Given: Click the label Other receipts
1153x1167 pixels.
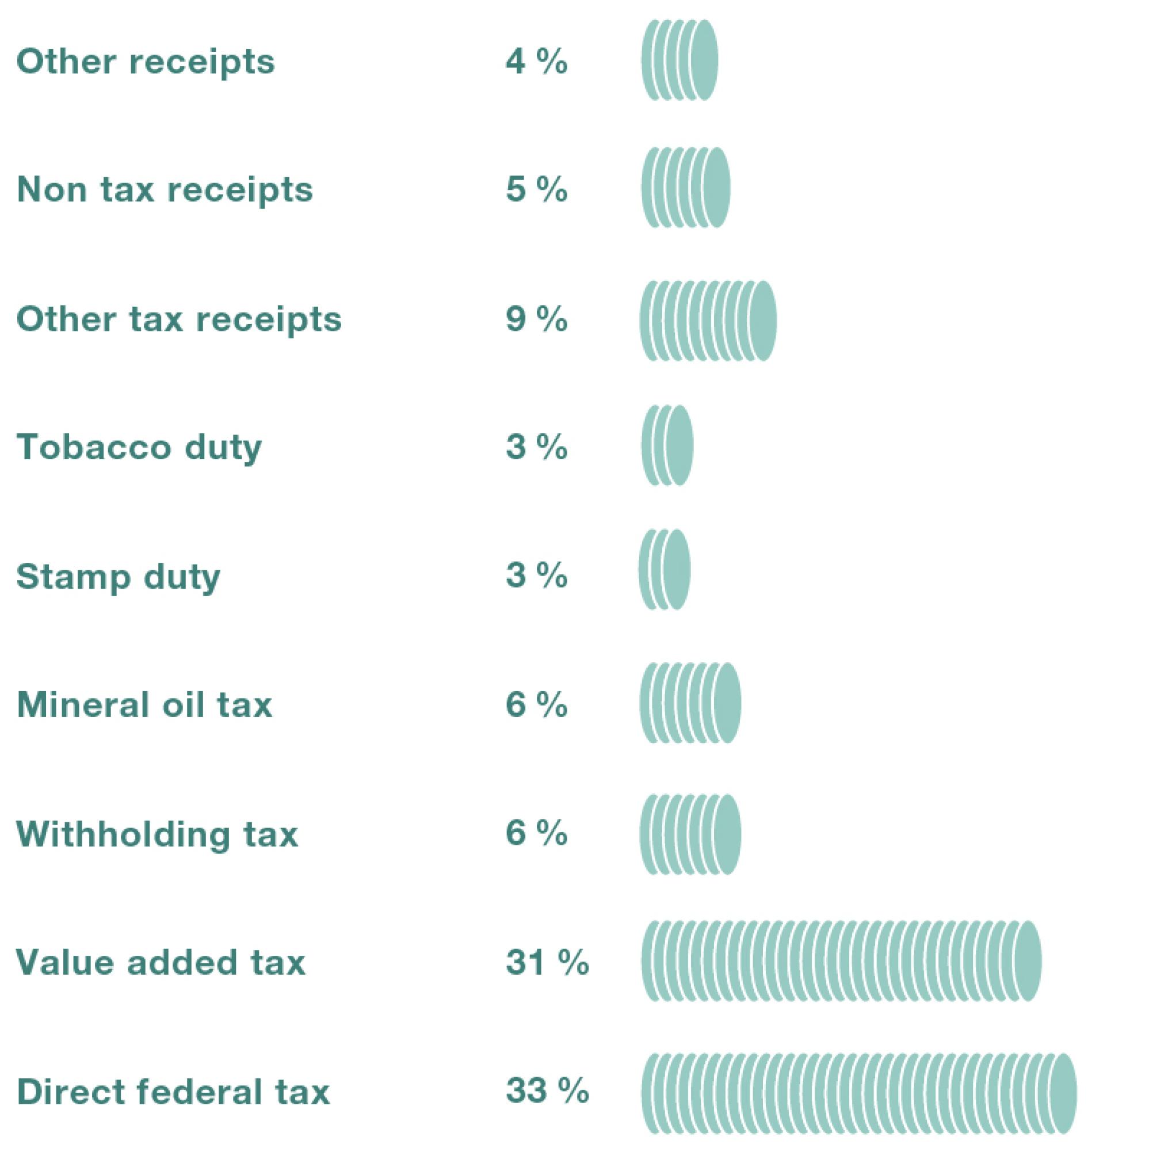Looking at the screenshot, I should pos(145,62).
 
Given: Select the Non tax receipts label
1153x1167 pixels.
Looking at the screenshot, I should pos(165,190).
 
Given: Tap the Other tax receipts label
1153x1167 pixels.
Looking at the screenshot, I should pos(179,319).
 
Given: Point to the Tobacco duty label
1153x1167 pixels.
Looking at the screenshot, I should pos(139,448).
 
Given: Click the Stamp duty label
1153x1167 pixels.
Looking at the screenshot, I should pos(119,577).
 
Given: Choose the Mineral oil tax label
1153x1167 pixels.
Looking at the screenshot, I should pos(144,705).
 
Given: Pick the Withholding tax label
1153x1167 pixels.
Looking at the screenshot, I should pos(157,834).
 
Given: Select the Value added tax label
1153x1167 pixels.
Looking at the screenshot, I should pos(160,963).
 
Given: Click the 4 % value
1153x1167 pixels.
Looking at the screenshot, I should pos(536,62).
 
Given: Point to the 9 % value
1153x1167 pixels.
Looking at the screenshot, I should pos(536,319).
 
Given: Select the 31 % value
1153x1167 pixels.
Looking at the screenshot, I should pos(547,963).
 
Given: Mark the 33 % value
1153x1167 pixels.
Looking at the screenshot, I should pos(547,1091).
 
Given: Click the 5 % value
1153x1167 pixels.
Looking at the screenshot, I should pos(536,190).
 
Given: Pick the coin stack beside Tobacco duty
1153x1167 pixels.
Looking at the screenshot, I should pos(667,446).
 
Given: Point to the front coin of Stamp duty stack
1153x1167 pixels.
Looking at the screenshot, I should pos(677,570).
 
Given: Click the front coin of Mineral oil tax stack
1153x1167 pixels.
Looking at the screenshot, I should pos(727,703).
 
